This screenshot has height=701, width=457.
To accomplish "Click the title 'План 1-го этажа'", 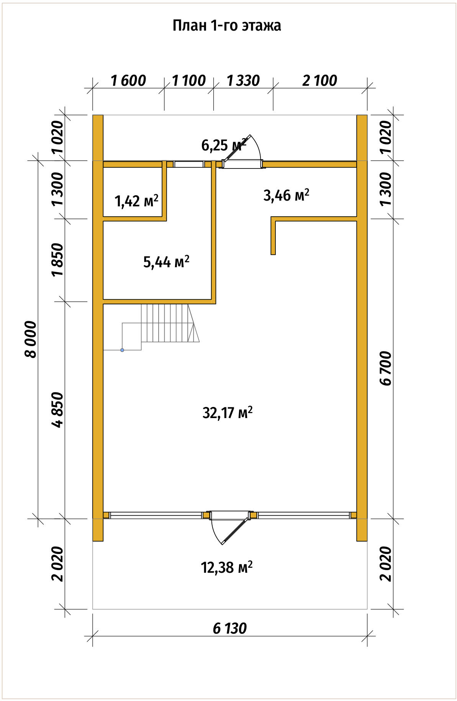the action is [227, 26].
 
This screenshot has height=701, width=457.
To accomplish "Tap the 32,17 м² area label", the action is [227, 413].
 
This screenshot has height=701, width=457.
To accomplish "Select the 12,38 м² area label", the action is [227, 567].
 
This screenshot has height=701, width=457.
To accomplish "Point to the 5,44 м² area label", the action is [166, 262].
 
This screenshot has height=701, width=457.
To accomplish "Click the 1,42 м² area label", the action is [137, 201].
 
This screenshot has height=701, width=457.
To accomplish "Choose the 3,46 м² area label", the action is [287, 195].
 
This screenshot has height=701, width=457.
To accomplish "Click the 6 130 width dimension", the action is [230, 629].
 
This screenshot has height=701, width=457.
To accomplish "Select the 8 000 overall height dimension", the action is [31, 339].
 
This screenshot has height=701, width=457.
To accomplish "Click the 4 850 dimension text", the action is [58, 410].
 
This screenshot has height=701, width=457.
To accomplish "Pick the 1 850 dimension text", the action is [58, 260].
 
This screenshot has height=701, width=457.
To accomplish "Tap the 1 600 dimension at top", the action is [128, 81].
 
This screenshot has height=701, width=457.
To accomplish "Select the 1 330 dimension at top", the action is [243, 81].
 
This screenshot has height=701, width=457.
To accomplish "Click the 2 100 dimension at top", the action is [320, 81].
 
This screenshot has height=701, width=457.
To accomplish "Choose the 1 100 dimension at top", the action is [189, 81].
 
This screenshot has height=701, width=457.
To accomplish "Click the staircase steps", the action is [170, 323].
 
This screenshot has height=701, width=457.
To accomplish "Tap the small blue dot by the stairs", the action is [122, 350].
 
